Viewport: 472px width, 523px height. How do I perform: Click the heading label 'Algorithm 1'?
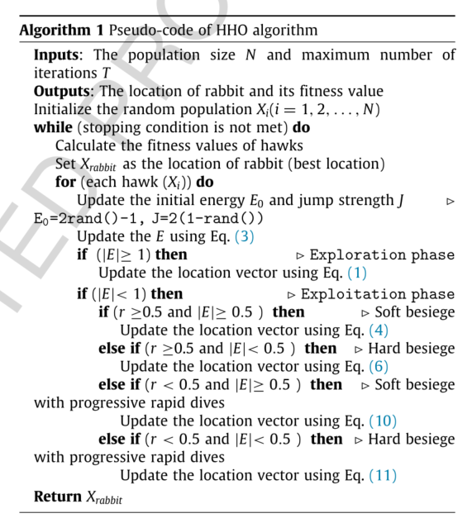[x=55, y=31]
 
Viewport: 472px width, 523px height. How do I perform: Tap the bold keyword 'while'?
[x=52, y=127]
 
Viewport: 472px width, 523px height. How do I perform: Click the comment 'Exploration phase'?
[x=382, y=254]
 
